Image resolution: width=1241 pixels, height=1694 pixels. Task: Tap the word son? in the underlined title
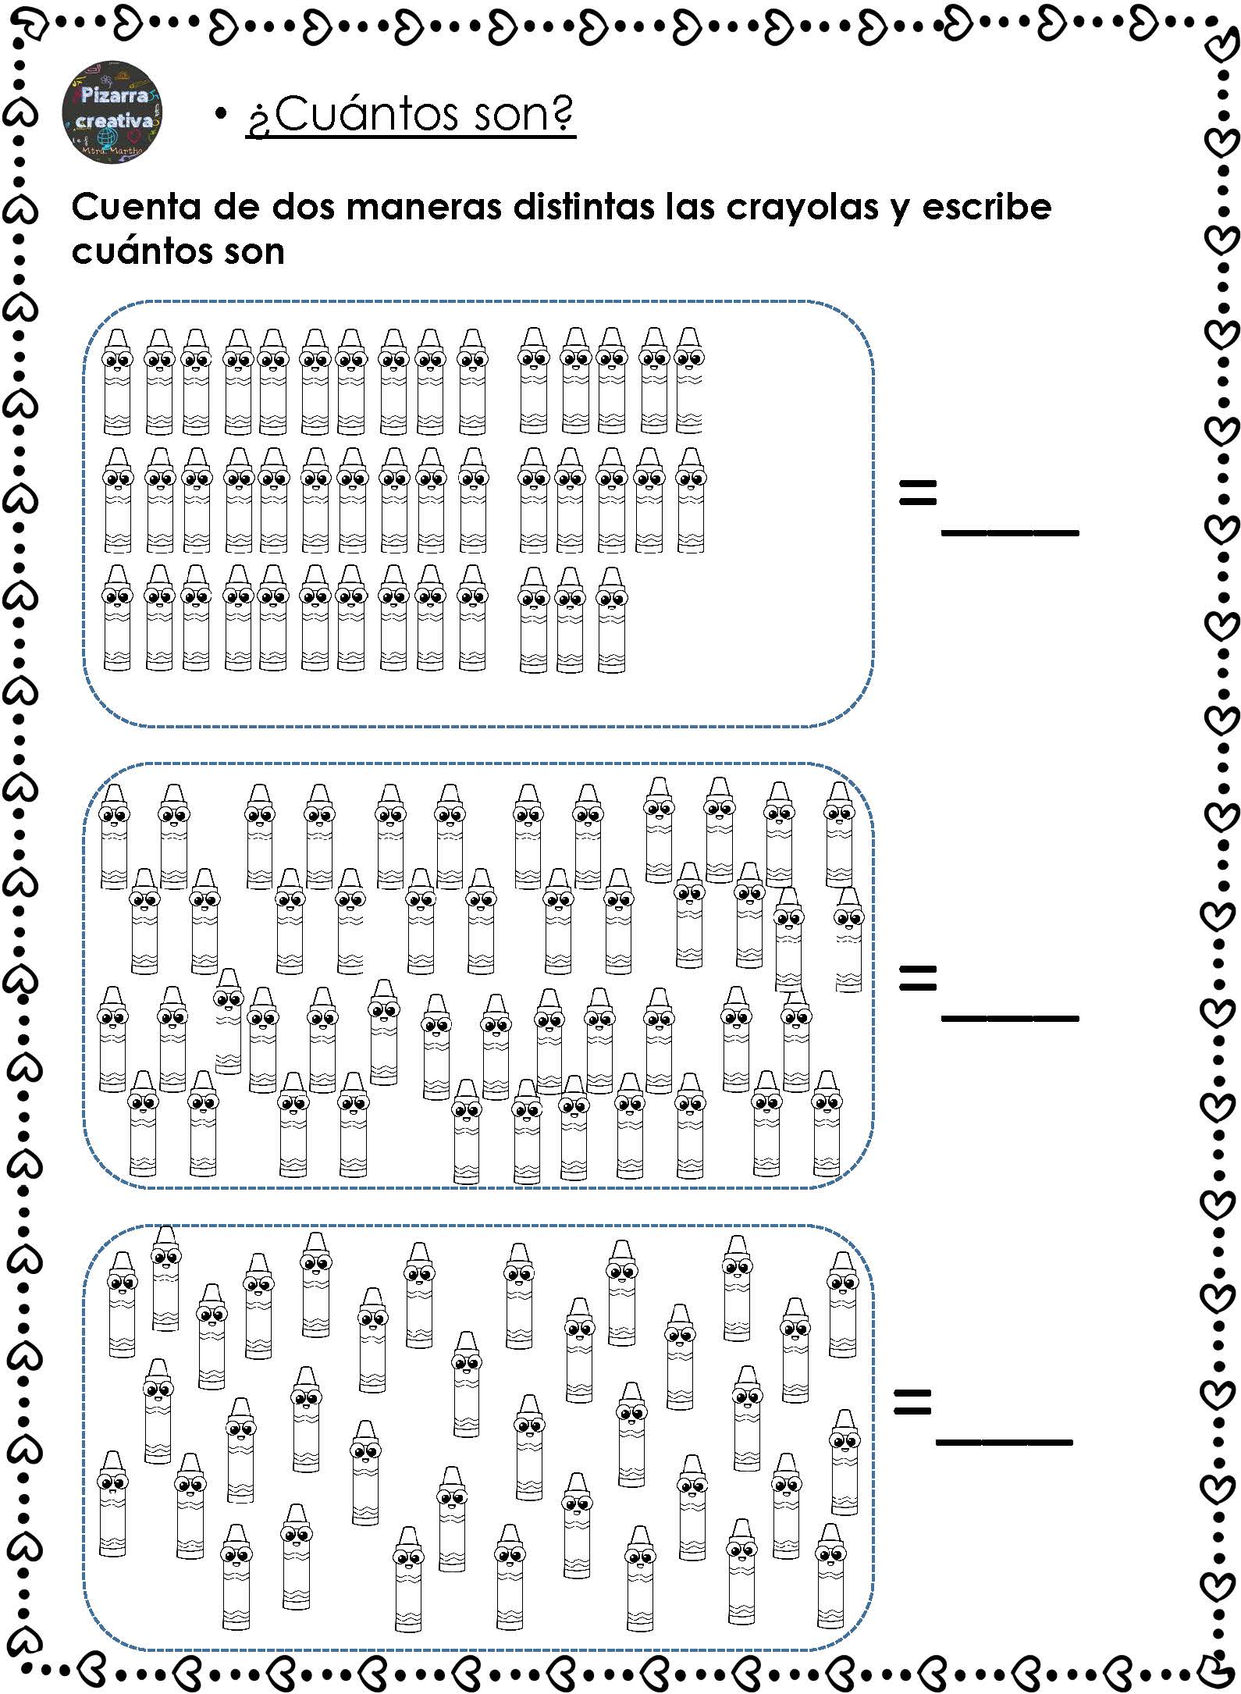(524, 115)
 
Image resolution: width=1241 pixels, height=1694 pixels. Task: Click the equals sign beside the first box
(917, 493)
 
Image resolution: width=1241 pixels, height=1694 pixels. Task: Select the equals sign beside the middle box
(917, 978)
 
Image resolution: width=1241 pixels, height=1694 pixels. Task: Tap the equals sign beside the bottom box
(912, 1400)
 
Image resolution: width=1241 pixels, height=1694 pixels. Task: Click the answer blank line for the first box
(1010, 532)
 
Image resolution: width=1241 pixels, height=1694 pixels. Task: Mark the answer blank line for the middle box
(1010, 1018)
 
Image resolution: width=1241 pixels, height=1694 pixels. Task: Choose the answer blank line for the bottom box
(1005, 1441)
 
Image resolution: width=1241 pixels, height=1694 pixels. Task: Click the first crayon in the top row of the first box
(117, 381)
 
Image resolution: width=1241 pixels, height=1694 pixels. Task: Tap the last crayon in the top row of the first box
(689, 381)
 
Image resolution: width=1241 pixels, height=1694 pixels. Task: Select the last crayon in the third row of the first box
(611, 620)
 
